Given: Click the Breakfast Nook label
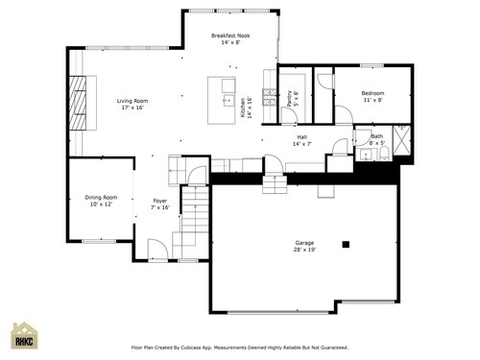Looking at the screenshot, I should coord(229,38).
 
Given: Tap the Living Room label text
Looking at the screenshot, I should coord(132,104).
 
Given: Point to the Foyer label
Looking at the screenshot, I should coord(160,204).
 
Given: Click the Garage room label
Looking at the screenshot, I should coord(304,247).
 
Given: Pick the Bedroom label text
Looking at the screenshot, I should coord(372,96).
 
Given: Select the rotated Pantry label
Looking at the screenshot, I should coord(292,99).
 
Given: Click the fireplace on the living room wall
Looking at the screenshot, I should coord(78,101).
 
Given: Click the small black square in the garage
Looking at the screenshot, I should coord(347,244).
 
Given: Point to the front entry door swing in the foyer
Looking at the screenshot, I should coord(156,252).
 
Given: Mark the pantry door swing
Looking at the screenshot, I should coord(287,117).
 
